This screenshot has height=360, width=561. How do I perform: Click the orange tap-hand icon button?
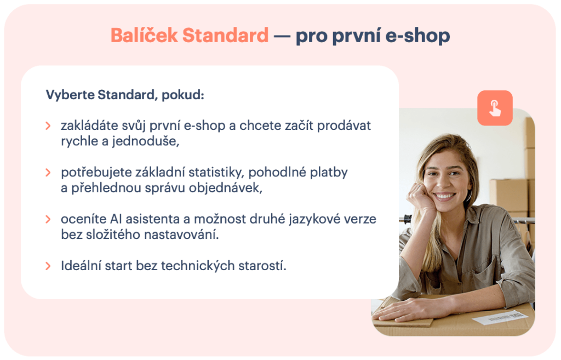point(495,108)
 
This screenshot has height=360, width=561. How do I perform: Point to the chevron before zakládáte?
point(49,126)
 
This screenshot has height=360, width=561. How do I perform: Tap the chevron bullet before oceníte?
point(49,220)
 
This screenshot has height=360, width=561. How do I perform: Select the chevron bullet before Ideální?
point(49,267)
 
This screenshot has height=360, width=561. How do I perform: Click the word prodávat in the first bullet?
point(347,125)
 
